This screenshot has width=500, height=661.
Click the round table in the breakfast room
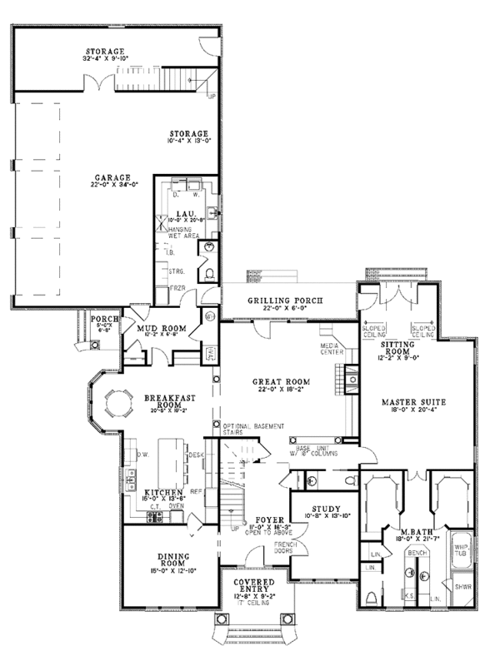click(116, 405)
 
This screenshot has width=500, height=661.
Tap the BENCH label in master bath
click(417, 552)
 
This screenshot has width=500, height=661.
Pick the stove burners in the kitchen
click(153, 517)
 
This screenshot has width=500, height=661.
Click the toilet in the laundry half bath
click(208, 274)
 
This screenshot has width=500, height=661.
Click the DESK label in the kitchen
click(197, 455)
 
